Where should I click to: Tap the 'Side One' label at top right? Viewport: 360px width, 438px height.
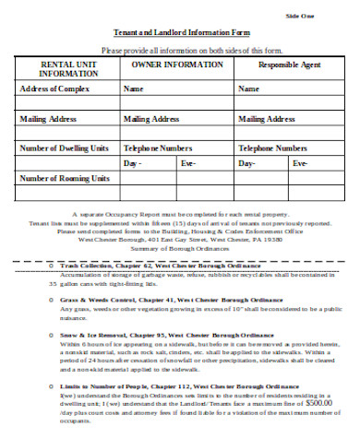click(x=300, y=17)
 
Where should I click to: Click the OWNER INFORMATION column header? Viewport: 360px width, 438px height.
click(x=177, y=65)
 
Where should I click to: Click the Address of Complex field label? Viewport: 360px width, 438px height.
click(x=55, y=89)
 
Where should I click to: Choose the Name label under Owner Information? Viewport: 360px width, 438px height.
click(x=134, y=89)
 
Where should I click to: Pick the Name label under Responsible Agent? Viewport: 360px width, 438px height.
click(x=248, y=89)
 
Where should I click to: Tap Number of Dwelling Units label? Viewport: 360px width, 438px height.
click(x=65, y=148)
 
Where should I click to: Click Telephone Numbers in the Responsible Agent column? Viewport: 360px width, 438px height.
click(x=272, y=148)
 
